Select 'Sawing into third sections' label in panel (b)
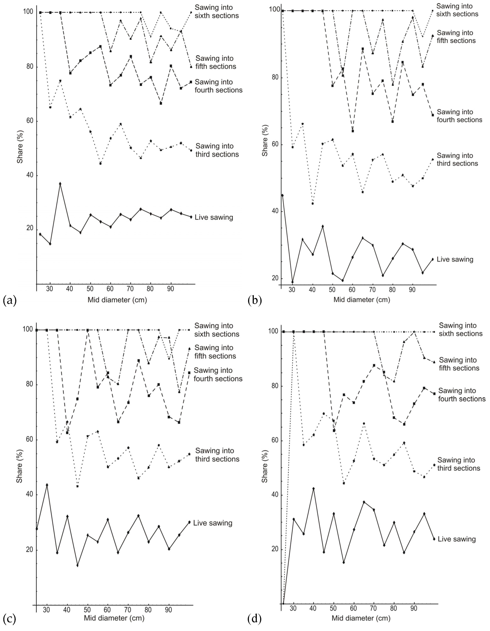coord(457,160)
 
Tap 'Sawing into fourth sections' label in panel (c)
coord(218,374)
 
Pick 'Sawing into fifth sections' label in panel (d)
coord(459,364)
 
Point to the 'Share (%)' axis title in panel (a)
coord(20,147)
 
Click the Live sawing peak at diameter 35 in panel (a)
coord(60,184)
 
